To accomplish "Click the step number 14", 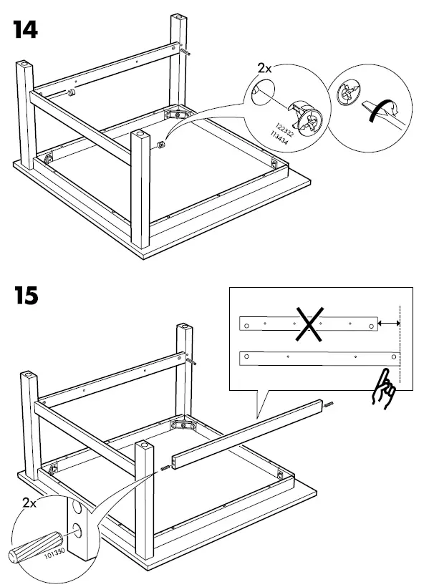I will tap(25, 29).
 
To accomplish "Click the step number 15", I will tap(25, 294).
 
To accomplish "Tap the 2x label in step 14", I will tap(266, 69).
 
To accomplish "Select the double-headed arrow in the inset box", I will tap(389, 324).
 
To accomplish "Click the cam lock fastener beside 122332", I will tap(309, 119).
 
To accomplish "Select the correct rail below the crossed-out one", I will tap(318, 356).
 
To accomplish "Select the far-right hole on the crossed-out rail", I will tap(371, 325).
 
